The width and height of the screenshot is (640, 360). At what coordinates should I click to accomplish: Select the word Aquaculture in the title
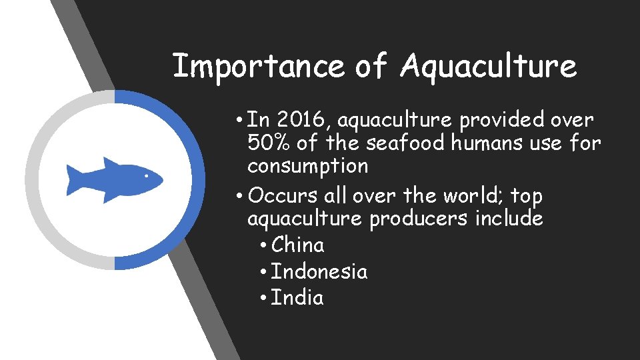(489, 67)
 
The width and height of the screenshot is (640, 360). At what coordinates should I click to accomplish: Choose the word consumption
(307, 165)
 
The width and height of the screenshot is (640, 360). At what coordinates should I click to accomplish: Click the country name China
(298, 245)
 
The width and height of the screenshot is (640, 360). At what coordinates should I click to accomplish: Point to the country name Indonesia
(319, 271)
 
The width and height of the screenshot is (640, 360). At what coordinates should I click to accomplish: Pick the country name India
(297, 297)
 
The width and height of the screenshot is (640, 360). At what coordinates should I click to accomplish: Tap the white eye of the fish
(147, 176)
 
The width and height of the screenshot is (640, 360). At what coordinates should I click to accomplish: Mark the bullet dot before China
(264, 246)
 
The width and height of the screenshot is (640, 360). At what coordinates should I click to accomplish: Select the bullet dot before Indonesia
(264, 273)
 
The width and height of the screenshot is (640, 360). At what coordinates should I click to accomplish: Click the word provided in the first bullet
(494, 120)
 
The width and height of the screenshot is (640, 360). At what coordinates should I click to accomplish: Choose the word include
(509, 219)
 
